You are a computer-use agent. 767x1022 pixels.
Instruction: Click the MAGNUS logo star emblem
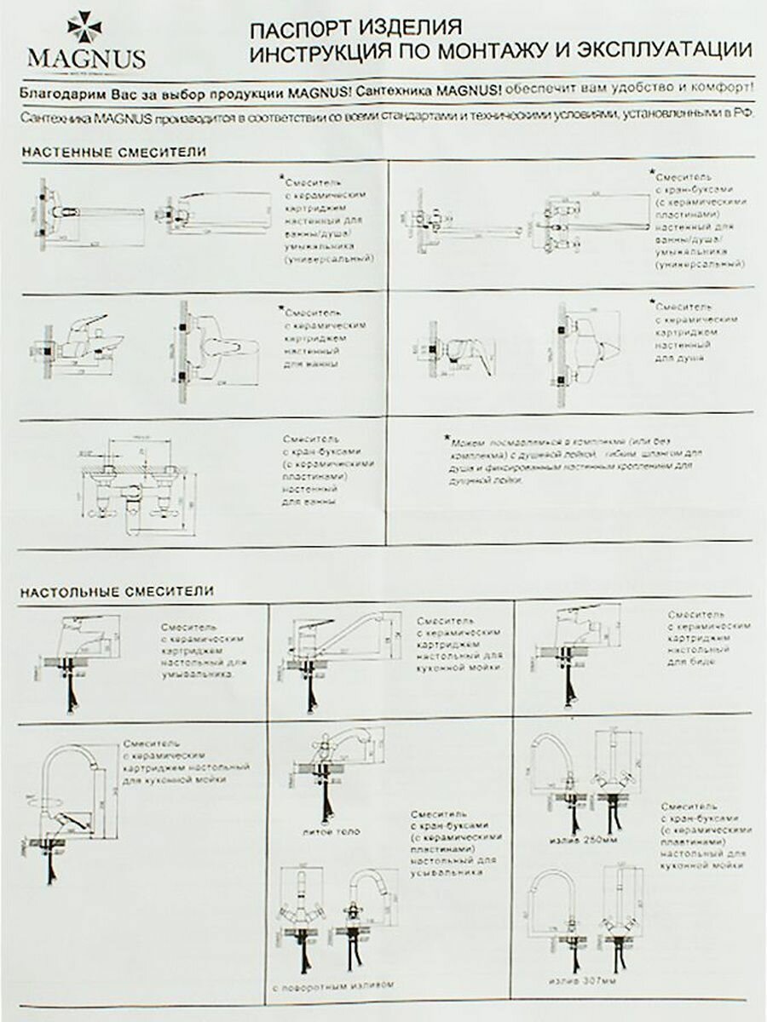84,28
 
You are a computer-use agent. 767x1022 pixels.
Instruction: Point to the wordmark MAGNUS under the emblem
86,60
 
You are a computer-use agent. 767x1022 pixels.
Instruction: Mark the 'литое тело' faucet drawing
328,771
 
